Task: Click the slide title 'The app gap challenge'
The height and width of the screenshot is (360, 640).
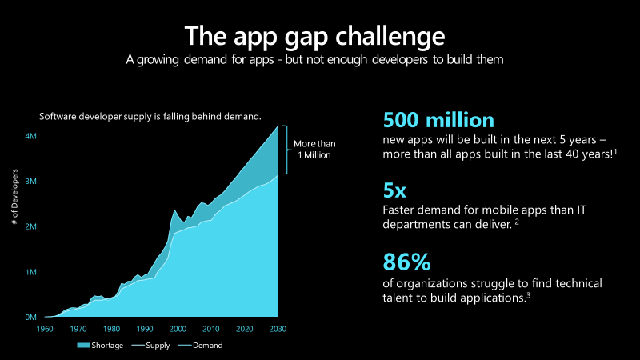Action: pos(314,36)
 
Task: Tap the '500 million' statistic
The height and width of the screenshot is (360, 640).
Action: pos(438,120)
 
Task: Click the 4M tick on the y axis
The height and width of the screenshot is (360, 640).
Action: pos(30,136)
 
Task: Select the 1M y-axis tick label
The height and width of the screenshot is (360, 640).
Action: pos(30,272)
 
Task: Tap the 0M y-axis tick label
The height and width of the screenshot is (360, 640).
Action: pos(30,318)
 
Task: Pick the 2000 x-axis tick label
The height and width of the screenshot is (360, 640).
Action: pos(178,329)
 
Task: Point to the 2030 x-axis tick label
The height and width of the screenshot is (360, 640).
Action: pos(278,329)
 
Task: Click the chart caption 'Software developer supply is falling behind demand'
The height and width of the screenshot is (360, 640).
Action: pos(150,117)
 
